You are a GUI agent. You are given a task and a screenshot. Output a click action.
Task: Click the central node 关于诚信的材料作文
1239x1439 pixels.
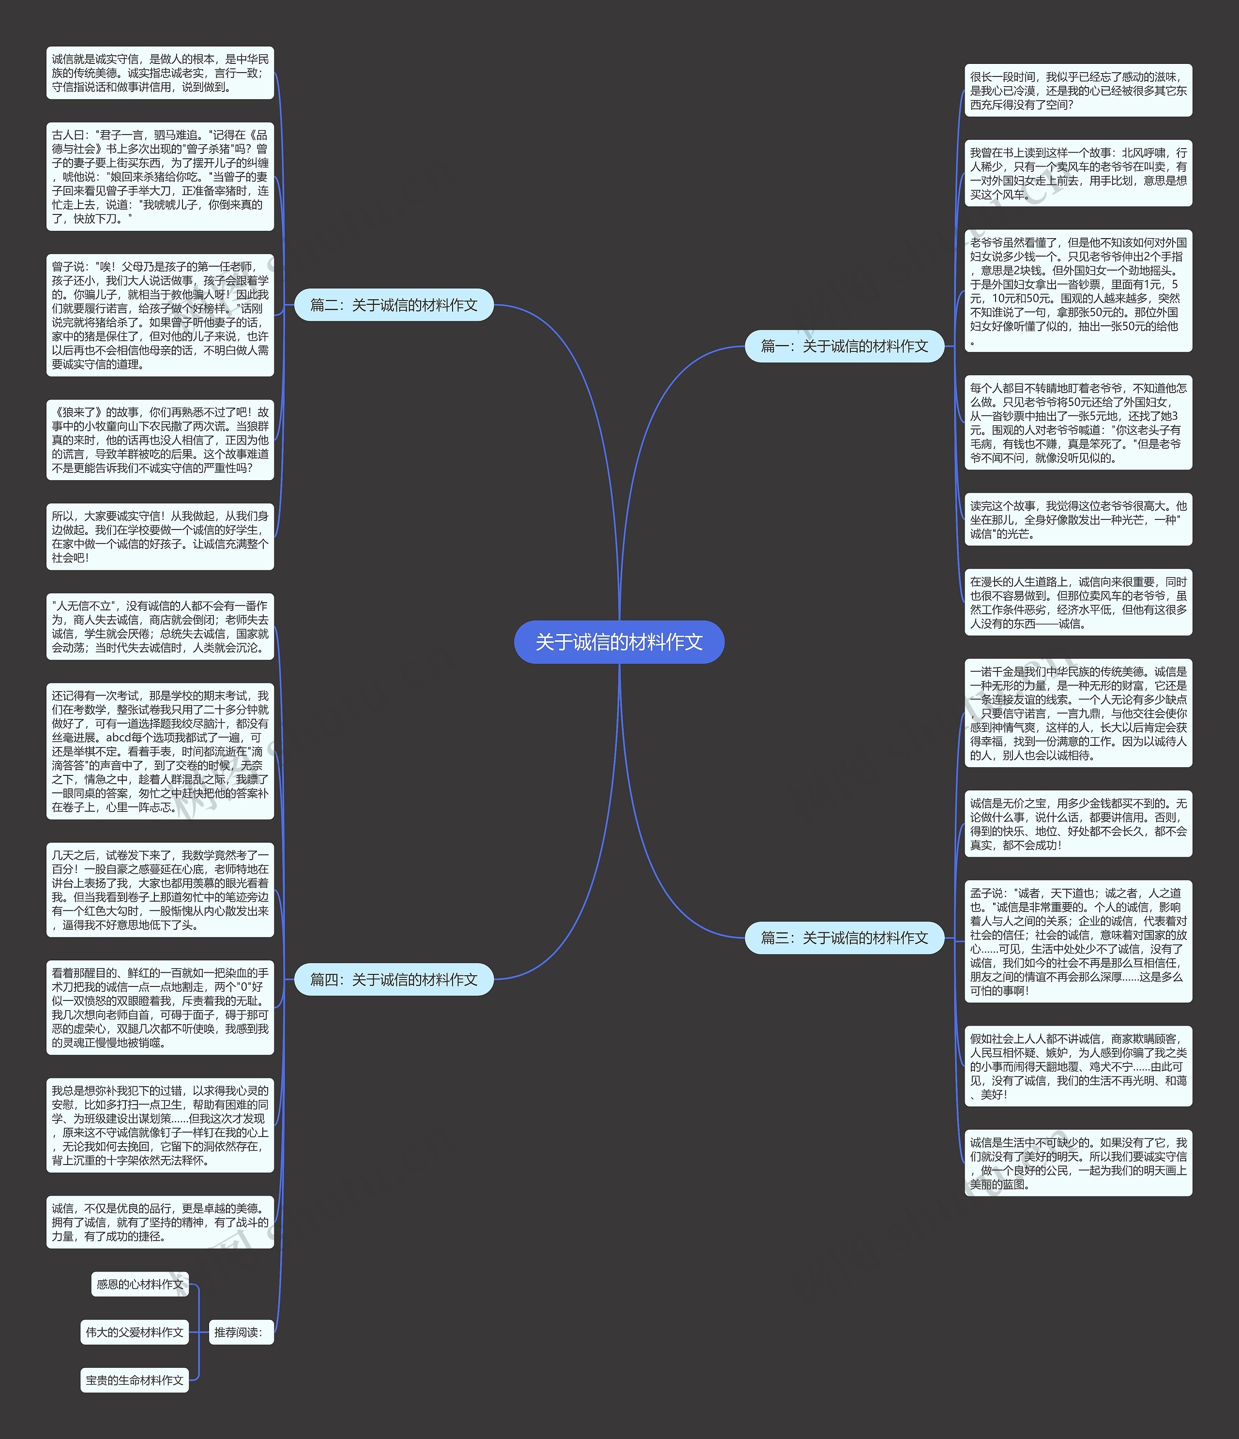(x=619, y=642)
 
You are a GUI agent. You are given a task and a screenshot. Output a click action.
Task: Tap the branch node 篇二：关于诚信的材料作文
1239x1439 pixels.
(x=394, y=305)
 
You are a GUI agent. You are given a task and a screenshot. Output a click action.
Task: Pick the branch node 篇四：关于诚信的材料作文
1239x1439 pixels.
(x=394, y=979)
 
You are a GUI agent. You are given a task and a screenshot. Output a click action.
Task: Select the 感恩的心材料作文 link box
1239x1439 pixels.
(x=139, y=1284)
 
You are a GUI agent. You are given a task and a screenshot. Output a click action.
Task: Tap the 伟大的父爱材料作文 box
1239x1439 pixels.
(x=135, y=1332)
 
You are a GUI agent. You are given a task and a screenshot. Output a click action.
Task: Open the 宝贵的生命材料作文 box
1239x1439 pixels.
(x=135, y=1380)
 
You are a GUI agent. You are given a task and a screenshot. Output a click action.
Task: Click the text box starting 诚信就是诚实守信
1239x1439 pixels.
(x=160, y=73)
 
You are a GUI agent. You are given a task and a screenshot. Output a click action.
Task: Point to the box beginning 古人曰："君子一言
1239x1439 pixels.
(x=160, y=176)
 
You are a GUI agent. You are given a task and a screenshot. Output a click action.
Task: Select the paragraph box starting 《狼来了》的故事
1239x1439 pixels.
(x=160, y=439)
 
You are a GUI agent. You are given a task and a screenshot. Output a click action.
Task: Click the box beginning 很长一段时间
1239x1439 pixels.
(x=1078, y=91)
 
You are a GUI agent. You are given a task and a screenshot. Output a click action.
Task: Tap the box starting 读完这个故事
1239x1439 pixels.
(x=1078, y=519)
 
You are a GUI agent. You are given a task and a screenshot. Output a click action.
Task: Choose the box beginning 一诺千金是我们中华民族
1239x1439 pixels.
(x=1078, y=713)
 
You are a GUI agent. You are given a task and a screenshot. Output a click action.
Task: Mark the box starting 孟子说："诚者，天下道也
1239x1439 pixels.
(x=1078, y=942)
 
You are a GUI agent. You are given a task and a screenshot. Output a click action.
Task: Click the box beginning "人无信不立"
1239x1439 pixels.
(x=160, y=626)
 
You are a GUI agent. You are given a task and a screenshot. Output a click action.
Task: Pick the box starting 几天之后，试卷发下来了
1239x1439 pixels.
(x=160, y=890)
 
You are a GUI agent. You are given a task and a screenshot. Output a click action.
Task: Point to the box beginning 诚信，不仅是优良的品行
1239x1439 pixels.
(x=160, y=1222)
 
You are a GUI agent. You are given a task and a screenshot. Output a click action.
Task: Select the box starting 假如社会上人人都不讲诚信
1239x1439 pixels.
(x=1078, y=1066)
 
